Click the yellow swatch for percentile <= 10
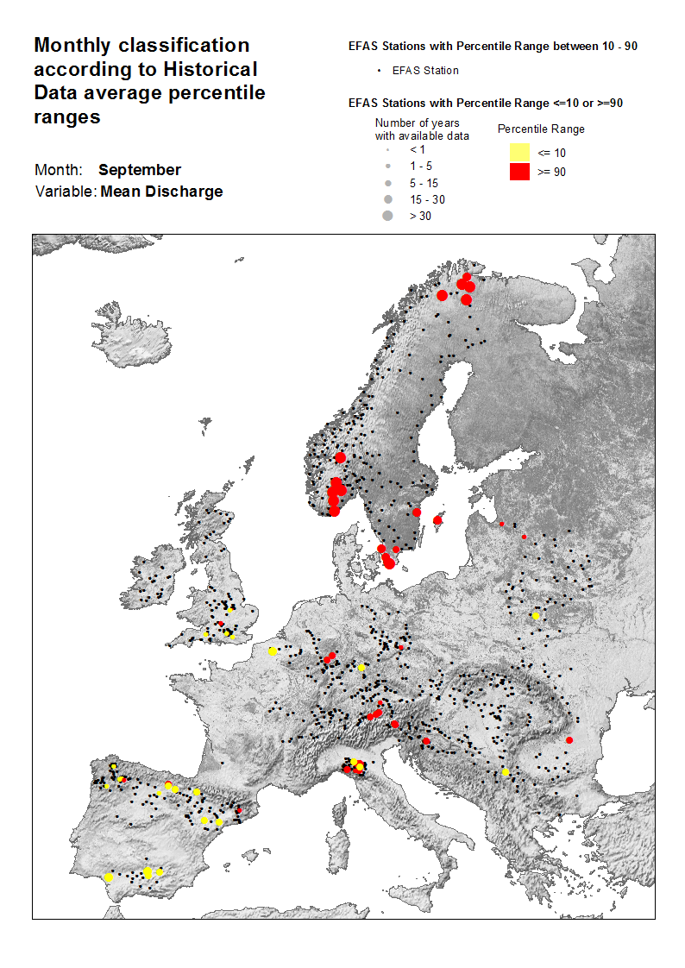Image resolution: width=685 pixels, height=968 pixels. [x=518, y=153]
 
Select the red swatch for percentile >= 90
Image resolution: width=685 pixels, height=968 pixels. [x=518, y=171]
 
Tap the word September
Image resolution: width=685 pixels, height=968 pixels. [x=139, y=170]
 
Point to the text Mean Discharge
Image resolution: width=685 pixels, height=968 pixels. [x=161, y=192]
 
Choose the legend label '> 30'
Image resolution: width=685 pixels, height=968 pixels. [x=420, y=216]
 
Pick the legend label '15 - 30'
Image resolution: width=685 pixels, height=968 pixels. [x=426, y=199]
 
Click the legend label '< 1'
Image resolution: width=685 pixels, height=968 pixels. [x=417, y=150]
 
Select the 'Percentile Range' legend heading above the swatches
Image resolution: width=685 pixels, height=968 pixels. [x=541, y=129]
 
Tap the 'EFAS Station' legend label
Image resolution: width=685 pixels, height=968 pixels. [x=425, y=71]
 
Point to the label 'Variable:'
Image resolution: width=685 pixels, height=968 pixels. [x=66, y=192]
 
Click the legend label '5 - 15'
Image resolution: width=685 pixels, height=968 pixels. [x=424, y=183]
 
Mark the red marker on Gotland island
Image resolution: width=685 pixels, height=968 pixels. [x=437, y=520]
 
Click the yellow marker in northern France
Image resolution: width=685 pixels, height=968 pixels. [x=273, y=651]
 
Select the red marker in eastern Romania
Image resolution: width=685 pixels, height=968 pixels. [x=569, y=740]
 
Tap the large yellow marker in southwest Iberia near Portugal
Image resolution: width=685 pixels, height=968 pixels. [x=109, y=877]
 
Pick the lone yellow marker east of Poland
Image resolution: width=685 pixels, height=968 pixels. [x=536, y=616]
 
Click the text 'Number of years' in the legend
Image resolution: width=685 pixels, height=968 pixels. [x=417, y=123]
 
